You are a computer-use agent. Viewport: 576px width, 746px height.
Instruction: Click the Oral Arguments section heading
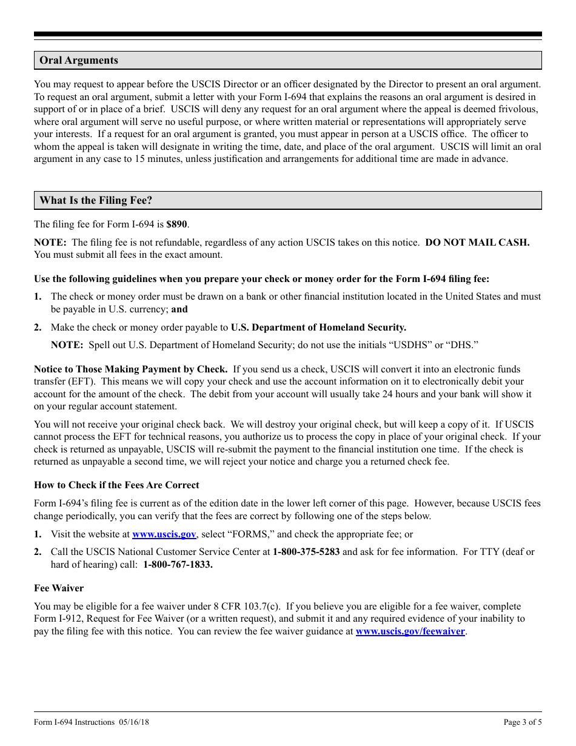tap(79, 61)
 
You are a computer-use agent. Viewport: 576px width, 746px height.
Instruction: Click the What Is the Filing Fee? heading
tap(96, 201)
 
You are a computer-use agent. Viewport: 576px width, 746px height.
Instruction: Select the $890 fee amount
tap(177, 224)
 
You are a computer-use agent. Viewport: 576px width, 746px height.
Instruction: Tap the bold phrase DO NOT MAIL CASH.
tap(477, 243)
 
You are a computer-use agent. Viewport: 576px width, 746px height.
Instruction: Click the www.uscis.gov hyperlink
tap(164, 534)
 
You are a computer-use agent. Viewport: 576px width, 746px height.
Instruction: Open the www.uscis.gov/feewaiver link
tap(410, 631)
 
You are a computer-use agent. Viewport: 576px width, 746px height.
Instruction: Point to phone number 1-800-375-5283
tap(306, 552)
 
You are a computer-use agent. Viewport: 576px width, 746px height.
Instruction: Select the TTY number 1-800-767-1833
tap(178, 565)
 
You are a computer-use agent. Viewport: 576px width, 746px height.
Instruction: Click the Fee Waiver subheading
tap(59, 588)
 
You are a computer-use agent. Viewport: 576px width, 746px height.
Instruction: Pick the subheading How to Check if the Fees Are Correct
tap(116, 485)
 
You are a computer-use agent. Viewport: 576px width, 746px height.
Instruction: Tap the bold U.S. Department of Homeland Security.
tap(318, 328)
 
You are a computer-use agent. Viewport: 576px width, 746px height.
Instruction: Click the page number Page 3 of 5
tap(523, 722)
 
